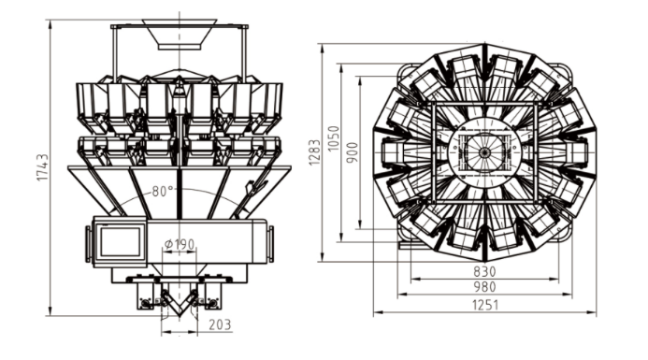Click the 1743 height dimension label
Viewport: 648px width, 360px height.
pos(43,167)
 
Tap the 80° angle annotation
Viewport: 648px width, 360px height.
pos(163,192)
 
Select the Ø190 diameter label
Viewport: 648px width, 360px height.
pos(180,244)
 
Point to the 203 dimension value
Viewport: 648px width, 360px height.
pos(220,324)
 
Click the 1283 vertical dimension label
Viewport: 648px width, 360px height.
pos(314,152)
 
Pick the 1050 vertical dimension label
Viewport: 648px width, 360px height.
pos(333,138)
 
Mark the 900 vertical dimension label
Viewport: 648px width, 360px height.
pos(353,152)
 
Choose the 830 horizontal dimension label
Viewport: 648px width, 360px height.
pos(484,271)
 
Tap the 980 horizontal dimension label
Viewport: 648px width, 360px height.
pos(484,286)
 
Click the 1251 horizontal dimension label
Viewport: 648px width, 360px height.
pos(485,305)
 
